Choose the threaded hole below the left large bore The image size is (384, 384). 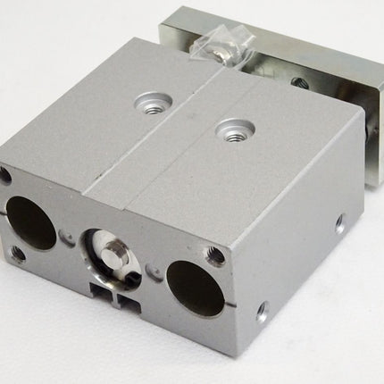(x=18, y=253)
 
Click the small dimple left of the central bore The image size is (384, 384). (x=70, y=237)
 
